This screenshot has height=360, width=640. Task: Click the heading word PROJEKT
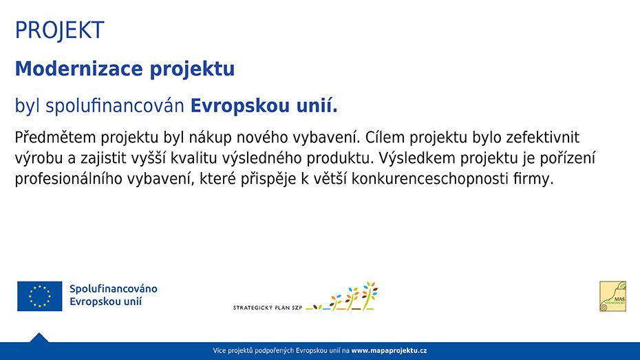pyautogui.click(x=59, y=30)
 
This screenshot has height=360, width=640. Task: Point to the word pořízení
pyautogui.click(x=565, y=158)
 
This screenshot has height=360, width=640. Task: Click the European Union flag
pyautogui.click(x=40, y=296)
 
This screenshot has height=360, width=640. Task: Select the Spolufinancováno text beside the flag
pyautogui.click(x=114, y=289)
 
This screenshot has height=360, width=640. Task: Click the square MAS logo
pyautogui.click(x=612, y=296)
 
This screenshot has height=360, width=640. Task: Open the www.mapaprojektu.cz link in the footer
pyautogui.click(x=389, y=351)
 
